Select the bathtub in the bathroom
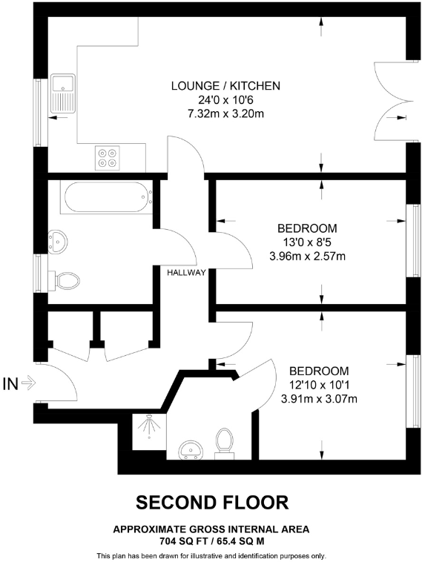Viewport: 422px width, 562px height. (x=107, y=198)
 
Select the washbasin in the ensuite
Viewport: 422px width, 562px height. (x=193, y=450)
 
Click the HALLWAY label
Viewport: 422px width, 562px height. (x=186, y=273)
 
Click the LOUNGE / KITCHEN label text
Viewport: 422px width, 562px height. (x=225, y=86)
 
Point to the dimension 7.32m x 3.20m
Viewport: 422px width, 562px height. (x=225, y=113)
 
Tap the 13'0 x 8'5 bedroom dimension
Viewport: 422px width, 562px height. (x=307, y=242)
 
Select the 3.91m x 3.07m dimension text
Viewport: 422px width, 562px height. (x=319, y=399)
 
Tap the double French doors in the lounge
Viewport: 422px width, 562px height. (x=389, y=100)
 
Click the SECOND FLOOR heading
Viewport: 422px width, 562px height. (x=211, y=503)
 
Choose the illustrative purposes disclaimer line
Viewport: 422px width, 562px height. (x=211, y=555)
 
